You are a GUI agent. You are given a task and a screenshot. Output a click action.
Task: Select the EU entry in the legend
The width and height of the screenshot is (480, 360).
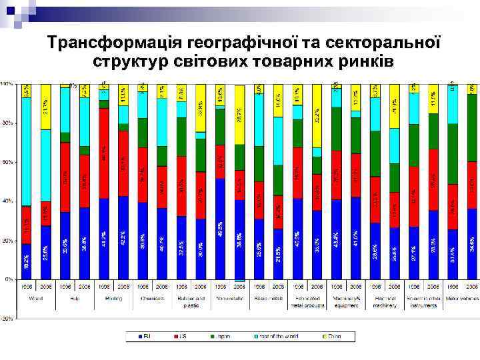144,337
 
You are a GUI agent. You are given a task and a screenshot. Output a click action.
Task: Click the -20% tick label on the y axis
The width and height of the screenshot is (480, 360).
6,319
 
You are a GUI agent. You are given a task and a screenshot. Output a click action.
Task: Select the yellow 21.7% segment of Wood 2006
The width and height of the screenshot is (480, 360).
46,107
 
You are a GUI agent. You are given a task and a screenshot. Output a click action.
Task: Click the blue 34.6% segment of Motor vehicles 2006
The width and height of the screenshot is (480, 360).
472,243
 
